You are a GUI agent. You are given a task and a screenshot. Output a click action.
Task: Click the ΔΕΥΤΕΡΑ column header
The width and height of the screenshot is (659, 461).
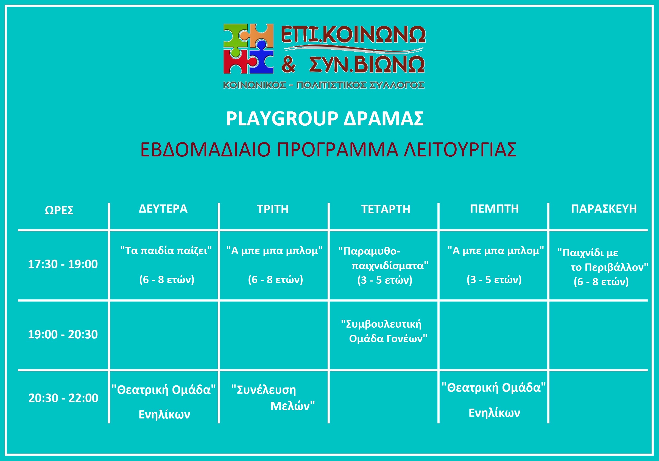point(163,209)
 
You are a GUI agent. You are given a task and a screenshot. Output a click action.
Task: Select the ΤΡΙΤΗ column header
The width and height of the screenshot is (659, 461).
point(273,209)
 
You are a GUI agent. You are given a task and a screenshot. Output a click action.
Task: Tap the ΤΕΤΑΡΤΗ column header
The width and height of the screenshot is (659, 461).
point(386,209)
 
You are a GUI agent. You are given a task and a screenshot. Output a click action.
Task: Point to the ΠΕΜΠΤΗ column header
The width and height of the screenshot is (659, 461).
point(494,209)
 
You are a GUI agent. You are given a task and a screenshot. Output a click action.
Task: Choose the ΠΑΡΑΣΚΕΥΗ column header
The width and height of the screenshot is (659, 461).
point(604,209)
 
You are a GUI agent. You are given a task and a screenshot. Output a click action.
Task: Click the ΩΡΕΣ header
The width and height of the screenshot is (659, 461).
point(59,210)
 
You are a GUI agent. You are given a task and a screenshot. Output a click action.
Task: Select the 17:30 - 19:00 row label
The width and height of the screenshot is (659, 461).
point(63,264)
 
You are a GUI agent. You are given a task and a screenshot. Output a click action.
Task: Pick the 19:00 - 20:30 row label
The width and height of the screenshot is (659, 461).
point(63,334)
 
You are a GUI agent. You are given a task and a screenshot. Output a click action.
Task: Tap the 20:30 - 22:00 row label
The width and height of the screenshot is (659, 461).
point(63,398)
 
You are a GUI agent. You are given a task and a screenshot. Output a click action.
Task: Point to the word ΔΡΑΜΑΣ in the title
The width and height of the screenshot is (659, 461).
point(384,119)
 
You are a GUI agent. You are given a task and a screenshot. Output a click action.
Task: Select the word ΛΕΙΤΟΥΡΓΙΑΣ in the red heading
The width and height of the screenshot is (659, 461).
point(460,150)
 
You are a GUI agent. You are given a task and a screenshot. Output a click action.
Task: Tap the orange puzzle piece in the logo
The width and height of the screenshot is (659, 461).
point(261,35)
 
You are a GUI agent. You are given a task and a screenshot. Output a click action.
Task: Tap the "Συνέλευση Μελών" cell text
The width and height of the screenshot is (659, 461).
point(273,398)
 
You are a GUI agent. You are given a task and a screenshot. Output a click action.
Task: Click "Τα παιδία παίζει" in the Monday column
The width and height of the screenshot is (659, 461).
point(166,251)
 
